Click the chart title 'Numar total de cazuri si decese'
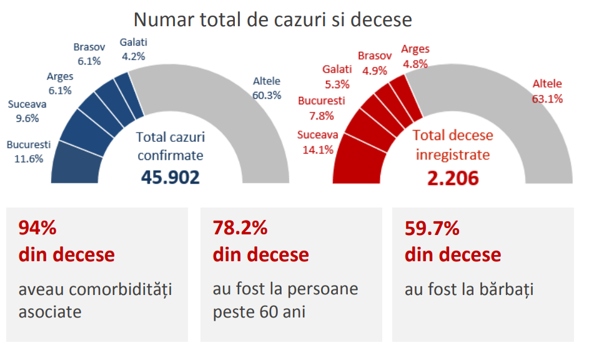pos(273,19)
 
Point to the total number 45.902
pos(171,177)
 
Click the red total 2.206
pos(453,179)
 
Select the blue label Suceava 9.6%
pos(27,111)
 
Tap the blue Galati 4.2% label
pos(133,49)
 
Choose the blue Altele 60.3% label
pos(267,88)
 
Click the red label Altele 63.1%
pos(547,91)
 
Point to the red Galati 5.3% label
pos(337,75)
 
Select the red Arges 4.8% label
pos(415,56)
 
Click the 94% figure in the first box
pos(38,229)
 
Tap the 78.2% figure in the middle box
pos(240,229)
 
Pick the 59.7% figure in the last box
pos(432,229)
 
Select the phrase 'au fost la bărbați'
pos(469,290)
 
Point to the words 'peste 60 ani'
pos(259,311)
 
